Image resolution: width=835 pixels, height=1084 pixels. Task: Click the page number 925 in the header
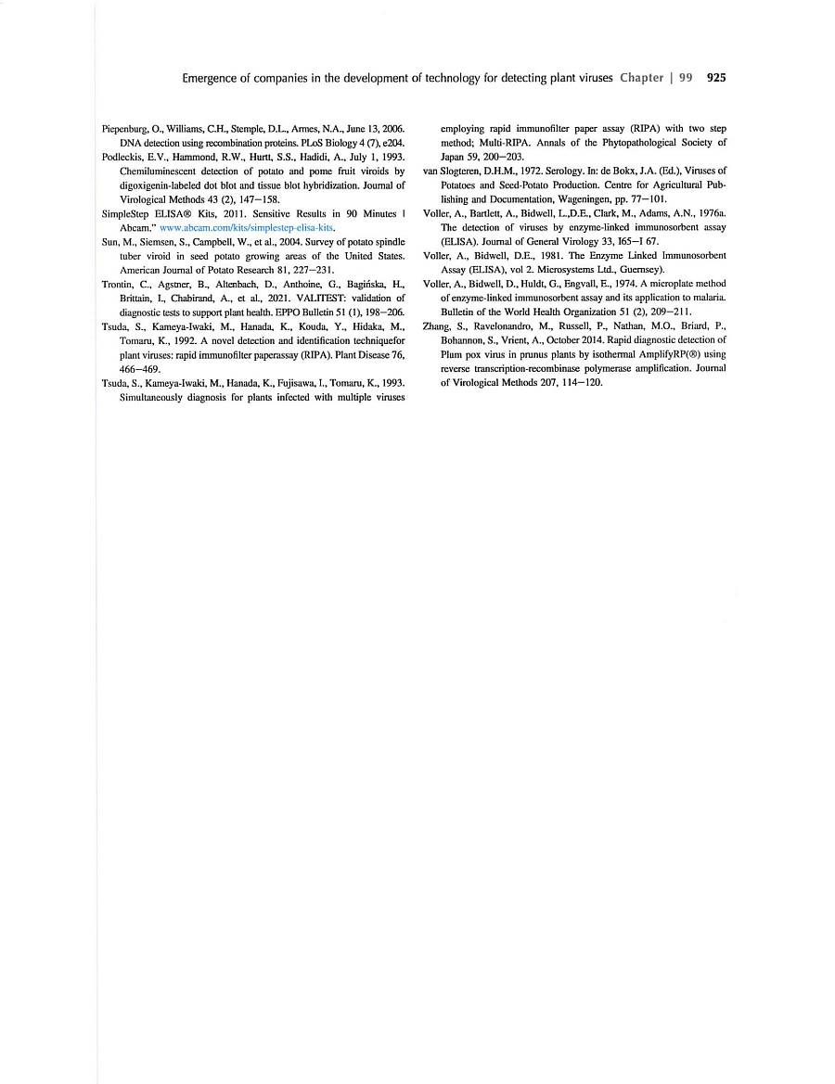(715, 78)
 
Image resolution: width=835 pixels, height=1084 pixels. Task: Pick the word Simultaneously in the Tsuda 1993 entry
(155, 396)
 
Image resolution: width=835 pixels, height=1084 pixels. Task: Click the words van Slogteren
(452, 172)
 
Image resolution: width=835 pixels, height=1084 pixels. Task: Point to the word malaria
(707, 298)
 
